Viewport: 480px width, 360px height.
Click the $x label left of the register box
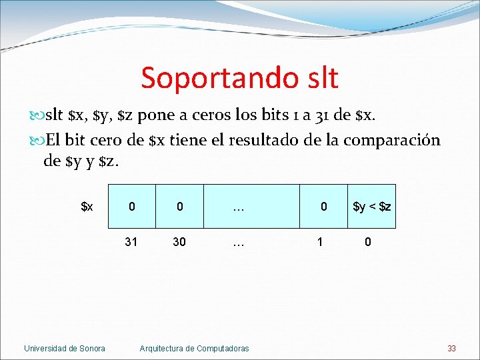[87, 207]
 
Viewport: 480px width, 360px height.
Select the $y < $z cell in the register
[371, 207]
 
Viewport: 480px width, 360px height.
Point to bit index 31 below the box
[131, 242]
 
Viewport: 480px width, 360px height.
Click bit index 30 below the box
[179, 242]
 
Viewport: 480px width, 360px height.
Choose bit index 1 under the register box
[321, 242]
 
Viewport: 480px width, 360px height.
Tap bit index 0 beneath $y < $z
[367, 242]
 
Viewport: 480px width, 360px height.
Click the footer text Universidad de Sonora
[65, 348]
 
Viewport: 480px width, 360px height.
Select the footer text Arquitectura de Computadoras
[194, 348]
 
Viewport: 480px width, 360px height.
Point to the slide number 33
[451, 348]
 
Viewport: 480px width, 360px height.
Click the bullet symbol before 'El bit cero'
[37, 141]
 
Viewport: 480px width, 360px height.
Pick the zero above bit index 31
[131, 207]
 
